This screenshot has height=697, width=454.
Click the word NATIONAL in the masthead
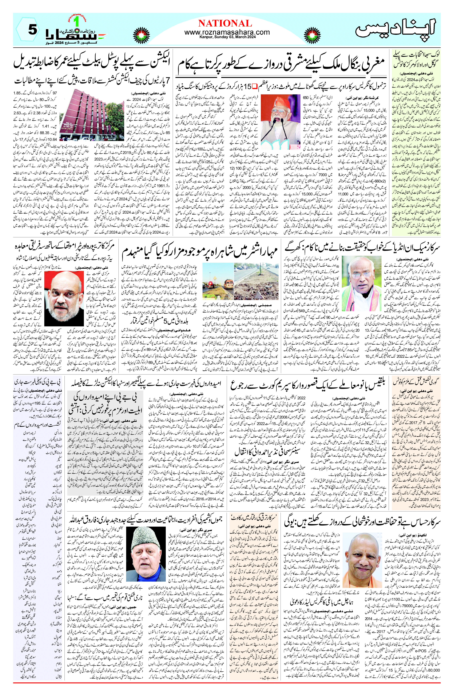225,23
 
